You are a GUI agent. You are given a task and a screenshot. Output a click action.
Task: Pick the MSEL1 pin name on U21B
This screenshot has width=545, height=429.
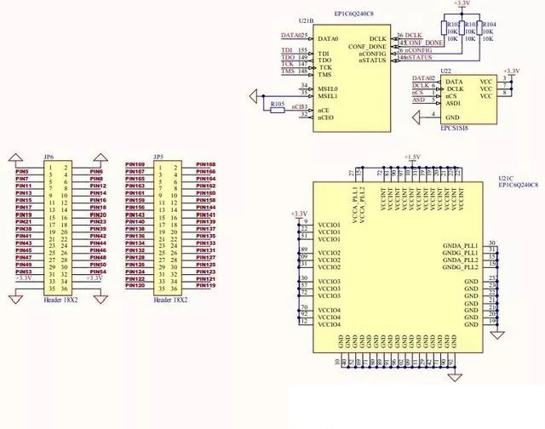(x=328, y=95)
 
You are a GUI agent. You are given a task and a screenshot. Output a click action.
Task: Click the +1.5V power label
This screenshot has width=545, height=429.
(x=412, y=157)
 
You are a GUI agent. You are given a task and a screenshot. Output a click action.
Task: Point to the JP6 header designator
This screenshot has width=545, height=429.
(x=49, y=157)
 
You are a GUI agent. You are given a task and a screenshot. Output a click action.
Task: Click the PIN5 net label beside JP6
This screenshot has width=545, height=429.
(x=22, y=171)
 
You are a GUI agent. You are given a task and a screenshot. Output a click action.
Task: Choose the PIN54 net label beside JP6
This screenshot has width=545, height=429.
(x=98, y=272)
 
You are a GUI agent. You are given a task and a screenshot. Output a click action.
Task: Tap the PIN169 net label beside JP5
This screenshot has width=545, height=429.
(x=135, y=164)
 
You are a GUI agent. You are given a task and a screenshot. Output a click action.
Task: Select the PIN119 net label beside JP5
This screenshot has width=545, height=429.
(x=205, y=286)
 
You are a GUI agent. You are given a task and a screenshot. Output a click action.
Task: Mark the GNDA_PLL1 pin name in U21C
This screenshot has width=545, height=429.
(x=461, y=245)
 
